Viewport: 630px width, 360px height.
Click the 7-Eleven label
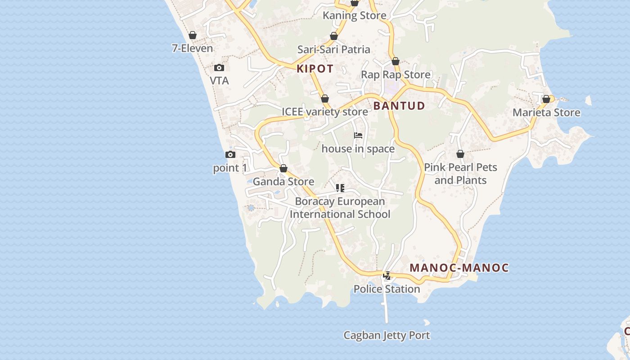tap(192, 48)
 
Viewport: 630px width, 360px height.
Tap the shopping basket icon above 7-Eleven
tap(193, 35)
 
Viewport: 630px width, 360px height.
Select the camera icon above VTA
tap(219, 68)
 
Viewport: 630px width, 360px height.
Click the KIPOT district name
tap(315, 69)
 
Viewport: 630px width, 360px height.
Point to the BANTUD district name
tap(399, 106)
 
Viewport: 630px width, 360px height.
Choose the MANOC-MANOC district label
tap(459, 268)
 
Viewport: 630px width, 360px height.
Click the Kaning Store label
tap(354, 15)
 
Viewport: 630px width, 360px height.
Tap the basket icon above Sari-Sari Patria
tap(334, 36)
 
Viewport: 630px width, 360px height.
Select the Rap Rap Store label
tap(396, 74)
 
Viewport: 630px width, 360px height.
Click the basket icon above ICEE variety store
tap(325, 99)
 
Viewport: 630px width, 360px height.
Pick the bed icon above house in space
tap(358, 135)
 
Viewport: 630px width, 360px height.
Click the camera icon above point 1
tap(230, 155)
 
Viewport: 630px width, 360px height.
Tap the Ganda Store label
tap(283, 181)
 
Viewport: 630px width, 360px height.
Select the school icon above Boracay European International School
tap(340, 188)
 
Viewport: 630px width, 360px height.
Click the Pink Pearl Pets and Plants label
tap(460, 174)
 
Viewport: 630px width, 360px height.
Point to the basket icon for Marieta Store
tap(546, 99)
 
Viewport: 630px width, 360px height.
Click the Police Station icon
tap(387, 276)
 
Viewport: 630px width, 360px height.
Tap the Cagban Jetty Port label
tap(387, 335)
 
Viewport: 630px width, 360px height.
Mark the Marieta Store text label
tap(546, 112)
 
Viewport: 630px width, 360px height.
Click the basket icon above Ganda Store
tap(283, 169)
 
